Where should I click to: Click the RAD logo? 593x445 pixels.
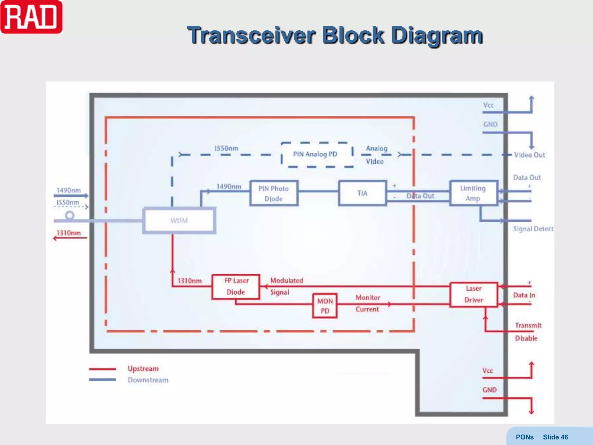coord(31,17)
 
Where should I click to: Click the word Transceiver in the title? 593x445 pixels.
coord(251,35)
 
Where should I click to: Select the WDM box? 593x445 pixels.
coord(179,220)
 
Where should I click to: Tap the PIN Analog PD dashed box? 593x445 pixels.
coord(317,154)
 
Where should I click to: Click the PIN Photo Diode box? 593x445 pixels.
coord(274,193)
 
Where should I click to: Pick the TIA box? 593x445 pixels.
coord(362,193)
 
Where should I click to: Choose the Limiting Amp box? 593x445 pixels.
coord(473,193)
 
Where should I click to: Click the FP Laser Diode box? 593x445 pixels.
coord(236,287)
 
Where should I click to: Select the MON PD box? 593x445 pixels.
coord(325,306)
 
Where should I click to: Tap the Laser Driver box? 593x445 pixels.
coord(473,294)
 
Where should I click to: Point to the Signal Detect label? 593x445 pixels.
coord(533,229)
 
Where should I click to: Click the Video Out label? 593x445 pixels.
coord(529,155)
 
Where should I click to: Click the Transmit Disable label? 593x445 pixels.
coord(528,332)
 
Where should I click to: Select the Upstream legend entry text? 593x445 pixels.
coord(143,369)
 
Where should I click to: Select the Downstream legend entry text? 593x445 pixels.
coord(148,380)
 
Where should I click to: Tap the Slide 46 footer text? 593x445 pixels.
coord(555,437)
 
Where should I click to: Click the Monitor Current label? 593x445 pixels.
coord(367,303)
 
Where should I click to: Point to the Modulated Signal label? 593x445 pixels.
coord(286,286)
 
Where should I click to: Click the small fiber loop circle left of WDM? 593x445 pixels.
coord(69,215)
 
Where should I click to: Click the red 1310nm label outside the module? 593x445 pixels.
coord(69,233)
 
